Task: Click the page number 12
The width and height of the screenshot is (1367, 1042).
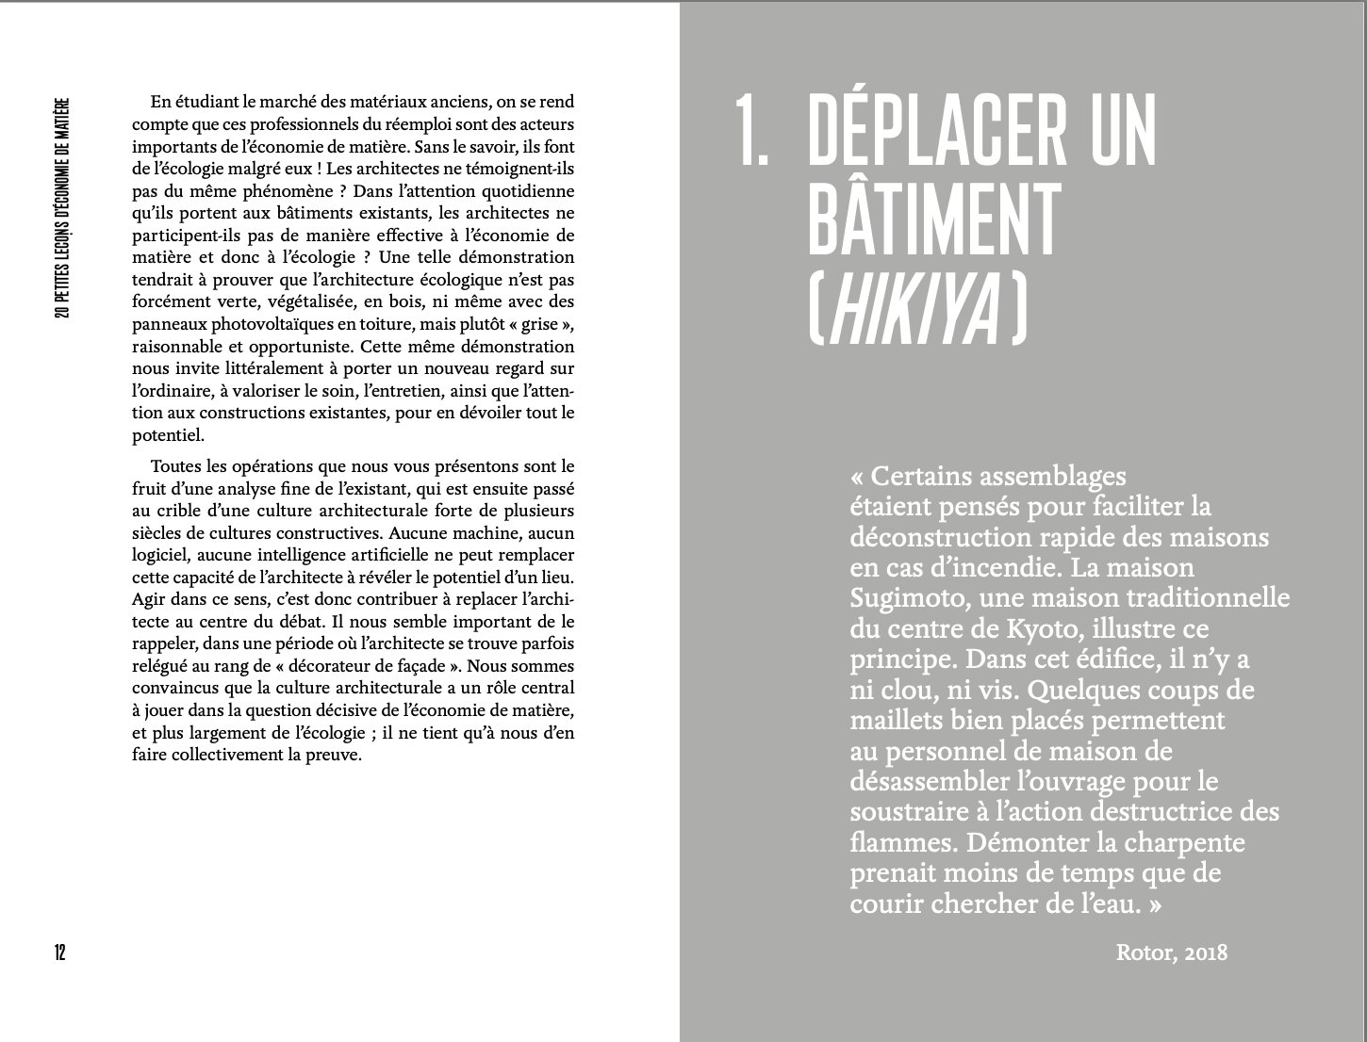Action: coord(58,952)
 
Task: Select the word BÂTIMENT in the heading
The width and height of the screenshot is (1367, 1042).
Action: coord(934,218)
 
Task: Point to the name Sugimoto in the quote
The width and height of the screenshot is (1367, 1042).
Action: coord(909,598)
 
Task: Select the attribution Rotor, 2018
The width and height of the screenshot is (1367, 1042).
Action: coord(1171,952)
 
